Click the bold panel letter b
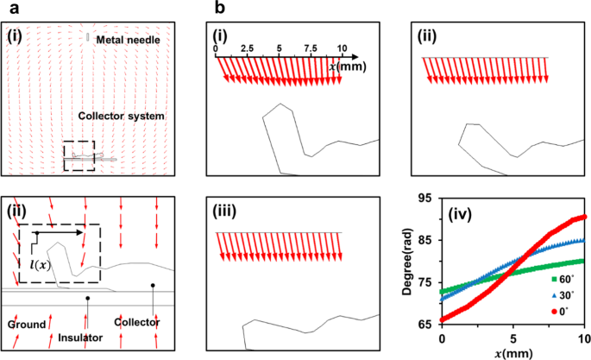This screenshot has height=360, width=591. click(x=218, y=7)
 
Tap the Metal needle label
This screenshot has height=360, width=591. click(x=129, y=40)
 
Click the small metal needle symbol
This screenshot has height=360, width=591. click(x=87, y=37)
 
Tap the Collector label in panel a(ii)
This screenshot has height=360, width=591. click(x=135, y=319)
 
